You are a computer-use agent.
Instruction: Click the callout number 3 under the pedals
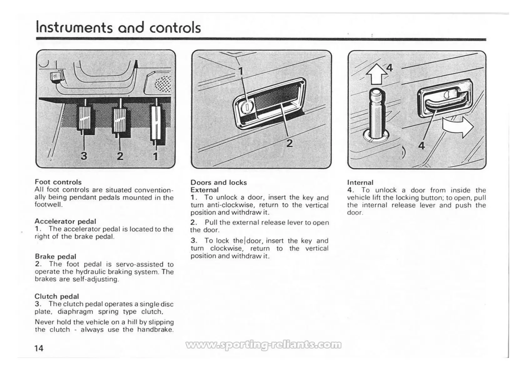(84, 155)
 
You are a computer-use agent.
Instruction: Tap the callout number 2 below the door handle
(290, 143)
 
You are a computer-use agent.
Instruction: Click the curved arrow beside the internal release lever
(458, 127)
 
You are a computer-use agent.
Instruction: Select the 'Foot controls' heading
(58, 182)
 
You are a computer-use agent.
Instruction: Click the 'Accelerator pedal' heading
(65, 221)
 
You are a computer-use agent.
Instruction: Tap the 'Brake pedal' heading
(56, 256)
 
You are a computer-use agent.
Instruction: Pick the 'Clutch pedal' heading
(57, 296)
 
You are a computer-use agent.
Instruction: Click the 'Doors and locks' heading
(218, 182)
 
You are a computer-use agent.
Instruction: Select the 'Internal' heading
(360, 182)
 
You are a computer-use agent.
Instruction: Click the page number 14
(39, 348)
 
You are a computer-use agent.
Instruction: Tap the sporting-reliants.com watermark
(263, 345)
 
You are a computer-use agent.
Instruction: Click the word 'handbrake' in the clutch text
(155, 329)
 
